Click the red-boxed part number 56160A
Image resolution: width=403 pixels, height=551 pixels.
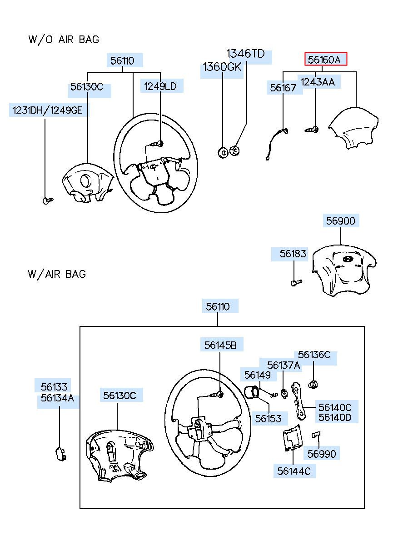324,60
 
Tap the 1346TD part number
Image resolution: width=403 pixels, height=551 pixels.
245,54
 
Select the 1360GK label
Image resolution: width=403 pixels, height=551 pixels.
222,67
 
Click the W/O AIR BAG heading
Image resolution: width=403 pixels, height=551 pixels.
64,40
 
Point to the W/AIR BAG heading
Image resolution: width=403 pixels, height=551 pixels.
57,274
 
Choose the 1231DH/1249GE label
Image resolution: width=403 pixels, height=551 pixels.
48,110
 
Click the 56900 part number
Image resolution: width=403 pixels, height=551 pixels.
341,221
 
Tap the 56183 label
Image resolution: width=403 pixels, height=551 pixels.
293,254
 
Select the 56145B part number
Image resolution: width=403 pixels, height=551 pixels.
220,345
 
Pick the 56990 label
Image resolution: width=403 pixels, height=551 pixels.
321,454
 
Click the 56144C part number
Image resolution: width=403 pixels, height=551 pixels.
294,471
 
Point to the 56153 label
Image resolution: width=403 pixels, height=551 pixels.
268,418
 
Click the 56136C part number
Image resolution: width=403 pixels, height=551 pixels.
314,355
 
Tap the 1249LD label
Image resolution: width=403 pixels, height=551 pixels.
160,86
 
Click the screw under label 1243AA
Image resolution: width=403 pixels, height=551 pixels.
312,129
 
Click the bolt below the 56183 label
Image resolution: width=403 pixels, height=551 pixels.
296,282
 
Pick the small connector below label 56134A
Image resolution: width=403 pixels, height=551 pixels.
60,454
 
